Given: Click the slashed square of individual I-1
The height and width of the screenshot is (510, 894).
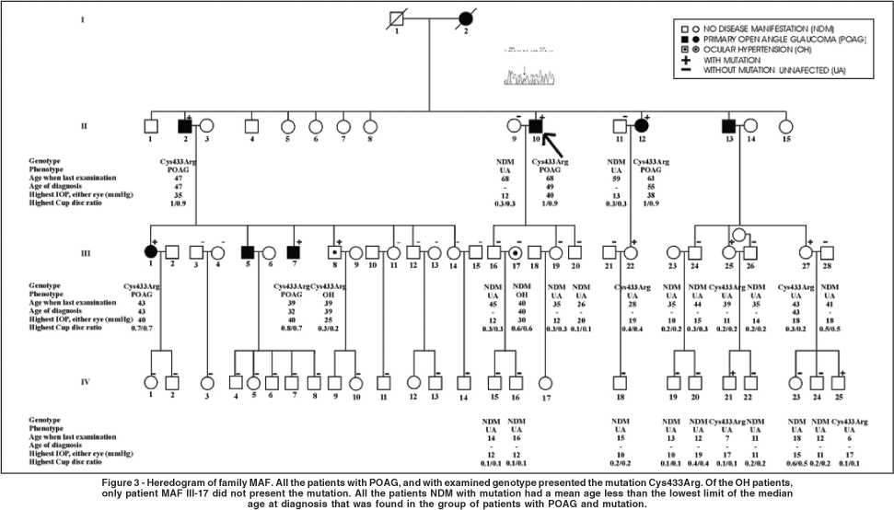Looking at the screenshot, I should (x=397, y=18).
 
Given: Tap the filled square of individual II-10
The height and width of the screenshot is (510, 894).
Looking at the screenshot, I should (x=537, y=125).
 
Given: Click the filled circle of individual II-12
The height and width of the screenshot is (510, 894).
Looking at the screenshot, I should (x=641, y=125).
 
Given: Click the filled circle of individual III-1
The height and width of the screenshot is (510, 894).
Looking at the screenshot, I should (x=151, y=250).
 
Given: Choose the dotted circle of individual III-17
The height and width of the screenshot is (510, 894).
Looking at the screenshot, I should (x=517, y=250).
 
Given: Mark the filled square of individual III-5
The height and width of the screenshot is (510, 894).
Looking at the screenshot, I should (x=246, y=250).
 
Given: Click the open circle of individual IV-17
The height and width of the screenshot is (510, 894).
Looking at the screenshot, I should (x=546, y=382).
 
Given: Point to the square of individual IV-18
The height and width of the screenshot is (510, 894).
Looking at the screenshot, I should (x=620, y=382).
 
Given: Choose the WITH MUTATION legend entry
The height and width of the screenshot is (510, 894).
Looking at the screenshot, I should (x=734, y=60).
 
